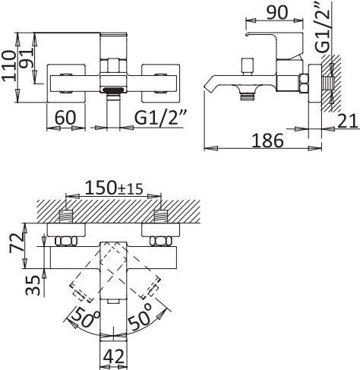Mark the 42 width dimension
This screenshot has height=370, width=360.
115,356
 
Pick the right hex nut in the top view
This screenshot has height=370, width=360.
161,242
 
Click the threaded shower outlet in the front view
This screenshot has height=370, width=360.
113,90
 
